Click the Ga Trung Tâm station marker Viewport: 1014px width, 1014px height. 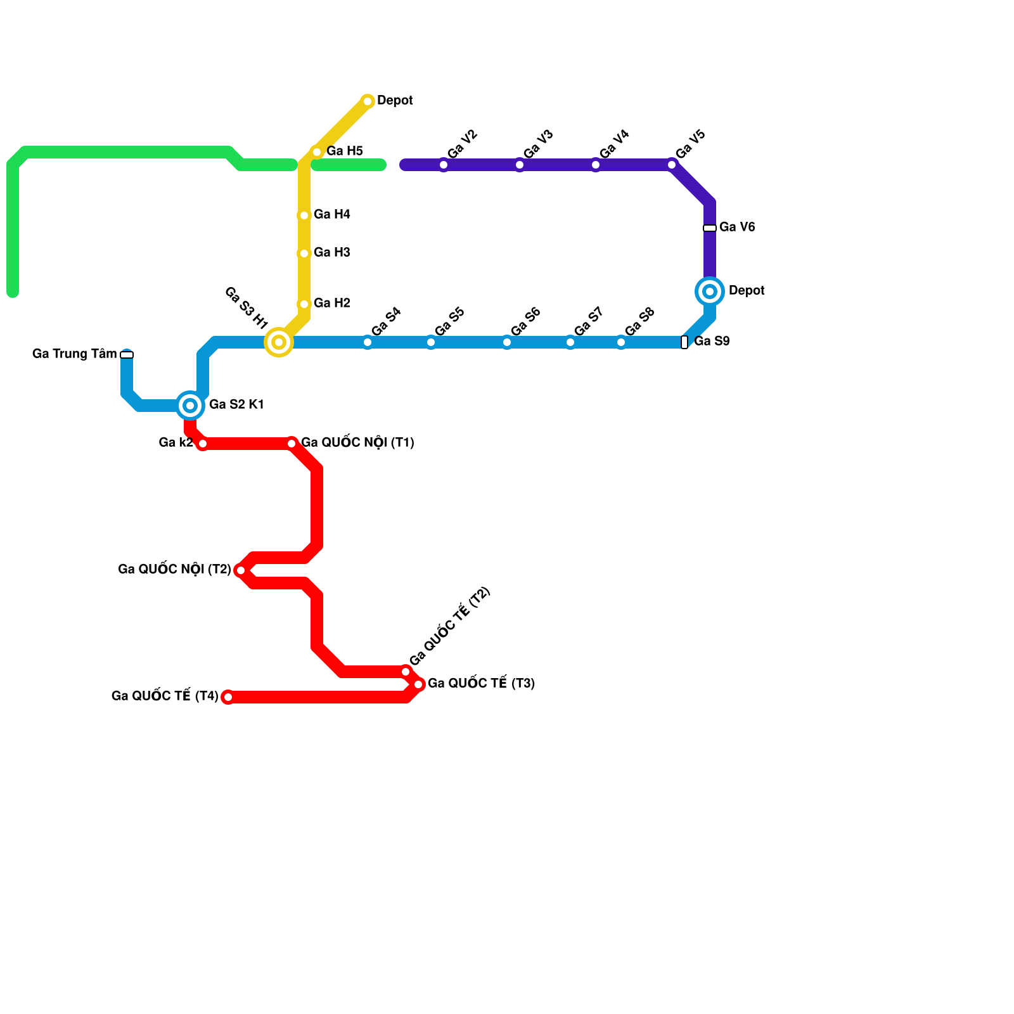tap(127, 355)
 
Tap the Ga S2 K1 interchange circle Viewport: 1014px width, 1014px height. tap(190, 406)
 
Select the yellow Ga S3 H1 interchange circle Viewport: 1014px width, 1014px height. tap(279, 342)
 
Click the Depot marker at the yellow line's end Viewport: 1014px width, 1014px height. tap(368, 101)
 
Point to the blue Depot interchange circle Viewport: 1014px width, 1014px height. tap(710, 292)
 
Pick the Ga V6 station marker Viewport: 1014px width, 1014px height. tap(710, 228)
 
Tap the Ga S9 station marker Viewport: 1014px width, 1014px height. tap(684, 342)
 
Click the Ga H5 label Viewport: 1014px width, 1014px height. tap(345, 151)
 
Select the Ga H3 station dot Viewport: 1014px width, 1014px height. tap(304, 253)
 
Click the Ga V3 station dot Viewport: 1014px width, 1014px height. tap(520, 165)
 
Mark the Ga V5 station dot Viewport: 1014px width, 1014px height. tap(672, 165)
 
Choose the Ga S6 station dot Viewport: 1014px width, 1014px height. tap(507, 342)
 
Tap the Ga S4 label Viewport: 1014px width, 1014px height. tap(386, 322)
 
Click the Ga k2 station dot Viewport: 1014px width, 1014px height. tap(203, 444)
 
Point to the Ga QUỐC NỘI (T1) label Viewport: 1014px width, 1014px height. tap(357, 443)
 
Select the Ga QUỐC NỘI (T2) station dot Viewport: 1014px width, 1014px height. tap(241, 570)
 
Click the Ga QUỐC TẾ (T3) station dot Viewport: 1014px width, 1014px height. tap(418, 684)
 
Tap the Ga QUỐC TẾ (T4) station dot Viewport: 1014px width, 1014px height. tap(228, 697)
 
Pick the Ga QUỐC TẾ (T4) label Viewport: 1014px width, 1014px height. tap(165, 696)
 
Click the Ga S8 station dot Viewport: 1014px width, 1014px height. tap(621, 342)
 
